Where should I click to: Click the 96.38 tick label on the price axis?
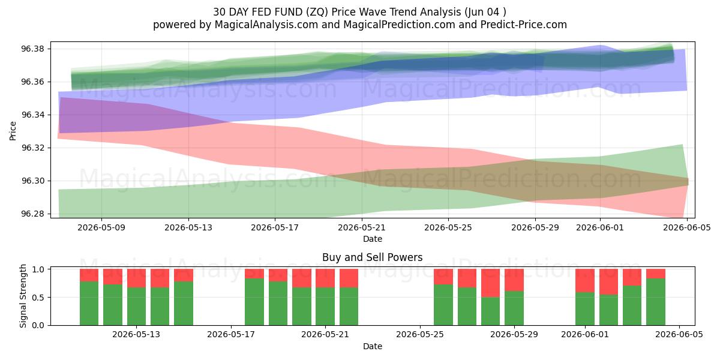tap(32, 49)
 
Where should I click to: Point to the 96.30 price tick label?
tap(32, 181)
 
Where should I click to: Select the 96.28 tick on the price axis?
tap(32, 214)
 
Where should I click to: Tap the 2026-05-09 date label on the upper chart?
tap(101, 227)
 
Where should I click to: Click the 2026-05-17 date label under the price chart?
tap(275, 227)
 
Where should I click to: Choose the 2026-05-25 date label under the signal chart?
tap(420, 335)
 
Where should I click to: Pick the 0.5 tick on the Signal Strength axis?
tap(38, 298)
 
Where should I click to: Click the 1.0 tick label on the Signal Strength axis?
tap(38, 269)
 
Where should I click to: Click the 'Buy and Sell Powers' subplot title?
tap(372, 257)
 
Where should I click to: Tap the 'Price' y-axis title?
tap(13, 131)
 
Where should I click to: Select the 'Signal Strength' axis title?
tap(23, 296)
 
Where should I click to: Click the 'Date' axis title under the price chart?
tap(373, 239)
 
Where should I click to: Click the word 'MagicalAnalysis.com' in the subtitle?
tap(266, 25)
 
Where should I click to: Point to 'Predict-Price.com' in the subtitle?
tap(524, 25)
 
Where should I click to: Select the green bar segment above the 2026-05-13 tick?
tap(136, 307)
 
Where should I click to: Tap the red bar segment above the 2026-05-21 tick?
tap(325, 278)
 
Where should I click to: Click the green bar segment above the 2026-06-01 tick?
tap(585, 308)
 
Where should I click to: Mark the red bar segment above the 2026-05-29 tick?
tap(514, 280)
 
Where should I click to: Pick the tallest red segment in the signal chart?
tap(491, 283)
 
